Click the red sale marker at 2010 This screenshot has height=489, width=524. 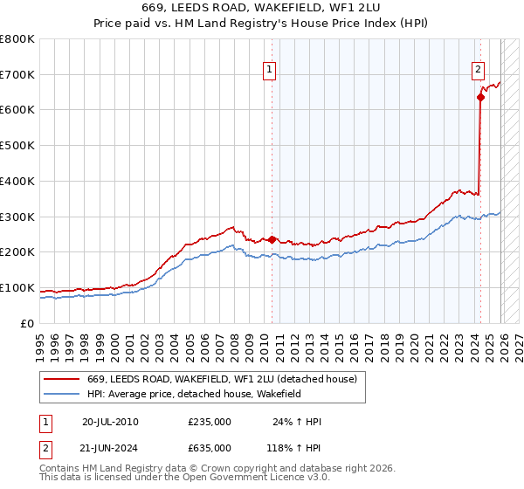(272, 239)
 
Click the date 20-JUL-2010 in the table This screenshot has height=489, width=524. (110, 422)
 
